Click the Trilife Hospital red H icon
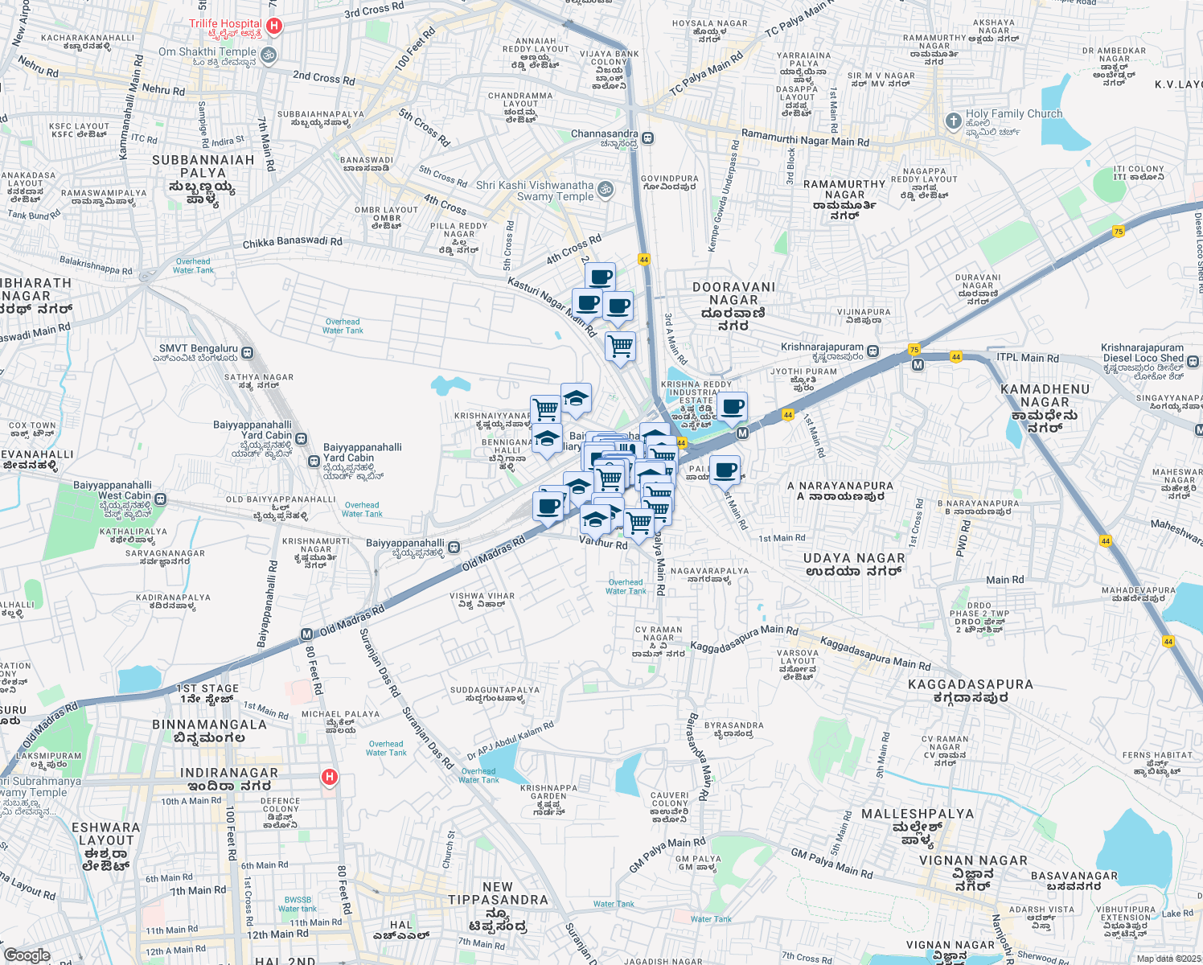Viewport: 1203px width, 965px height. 273,27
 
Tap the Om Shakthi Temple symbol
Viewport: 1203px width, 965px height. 269,55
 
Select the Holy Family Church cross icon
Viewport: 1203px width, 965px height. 953,121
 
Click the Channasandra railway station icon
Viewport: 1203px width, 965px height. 647,138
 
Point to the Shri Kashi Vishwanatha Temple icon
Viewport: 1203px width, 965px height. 606,190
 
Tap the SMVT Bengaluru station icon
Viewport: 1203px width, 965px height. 247,352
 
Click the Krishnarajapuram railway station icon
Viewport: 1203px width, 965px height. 872,351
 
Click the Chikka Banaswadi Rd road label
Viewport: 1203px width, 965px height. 292,242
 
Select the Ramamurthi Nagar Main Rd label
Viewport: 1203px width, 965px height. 805,138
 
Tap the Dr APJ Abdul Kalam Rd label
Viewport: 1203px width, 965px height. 511,741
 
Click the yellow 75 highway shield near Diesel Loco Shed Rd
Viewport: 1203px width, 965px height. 1118,232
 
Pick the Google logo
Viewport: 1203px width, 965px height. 27,955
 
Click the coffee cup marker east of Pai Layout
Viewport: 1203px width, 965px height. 725,470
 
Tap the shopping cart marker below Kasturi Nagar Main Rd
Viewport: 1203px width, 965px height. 620,347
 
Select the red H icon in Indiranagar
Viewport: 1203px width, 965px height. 329,777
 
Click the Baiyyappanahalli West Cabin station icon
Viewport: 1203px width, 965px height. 161,499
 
